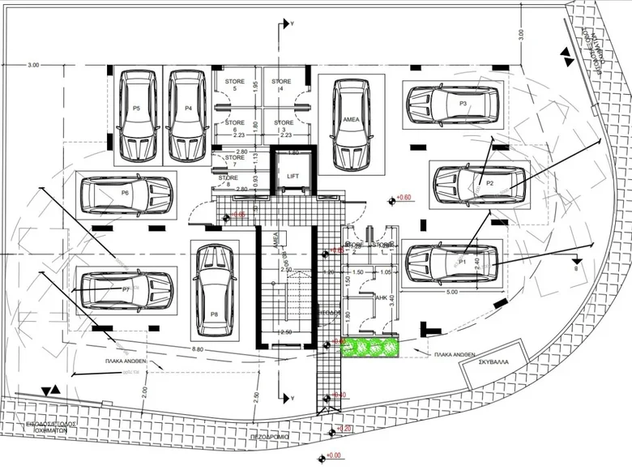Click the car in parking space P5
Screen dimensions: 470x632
point(138,115)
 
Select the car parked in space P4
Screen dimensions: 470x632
point(187,115)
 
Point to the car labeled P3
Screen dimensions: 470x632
point(452,105)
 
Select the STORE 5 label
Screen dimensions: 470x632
point(235,85)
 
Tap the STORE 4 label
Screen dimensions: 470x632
point(281,85)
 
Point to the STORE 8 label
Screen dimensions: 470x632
point(228,182)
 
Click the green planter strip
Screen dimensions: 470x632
point(372,347)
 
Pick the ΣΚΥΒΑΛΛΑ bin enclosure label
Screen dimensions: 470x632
point(492,362)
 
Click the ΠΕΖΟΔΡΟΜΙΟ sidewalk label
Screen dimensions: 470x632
point(270,436)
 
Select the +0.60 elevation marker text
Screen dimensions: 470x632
point(404,198)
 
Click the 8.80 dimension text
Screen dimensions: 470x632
point(198,348)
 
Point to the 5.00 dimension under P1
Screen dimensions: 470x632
point(451,291)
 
